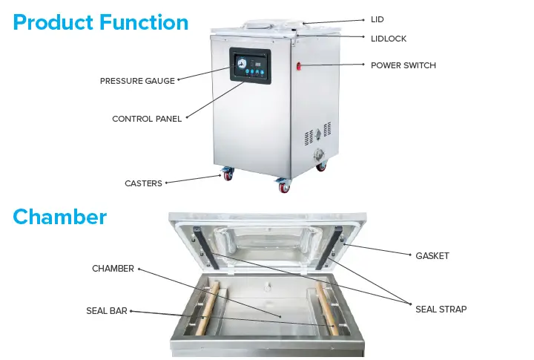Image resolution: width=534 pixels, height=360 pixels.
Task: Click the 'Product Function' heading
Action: [x=101, y=22]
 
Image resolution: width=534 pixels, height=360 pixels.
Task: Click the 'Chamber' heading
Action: [x=60, y=217]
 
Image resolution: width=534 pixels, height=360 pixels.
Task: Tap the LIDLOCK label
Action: [x=388, y=38]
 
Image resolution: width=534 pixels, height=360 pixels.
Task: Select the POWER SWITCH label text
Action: [x=403, y=65]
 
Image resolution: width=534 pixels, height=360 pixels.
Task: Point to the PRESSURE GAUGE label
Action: [x=137, y=81]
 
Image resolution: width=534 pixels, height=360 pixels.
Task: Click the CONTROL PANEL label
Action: [x=147, y=119]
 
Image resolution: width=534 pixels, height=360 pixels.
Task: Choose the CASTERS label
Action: [x=143, y=183]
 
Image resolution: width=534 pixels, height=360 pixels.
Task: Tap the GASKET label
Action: [x=432, y=256]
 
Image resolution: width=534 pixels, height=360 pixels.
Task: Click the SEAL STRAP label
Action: [x=441, y=309]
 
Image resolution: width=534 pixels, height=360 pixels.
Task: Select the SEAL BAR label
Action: [x=107, y=311]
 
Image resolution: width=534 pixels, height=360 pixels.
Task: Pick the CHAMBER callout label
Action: [x=113, y=269]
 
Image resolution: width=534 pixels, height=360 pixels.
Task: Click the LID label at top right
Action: [x=378, y=20]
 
